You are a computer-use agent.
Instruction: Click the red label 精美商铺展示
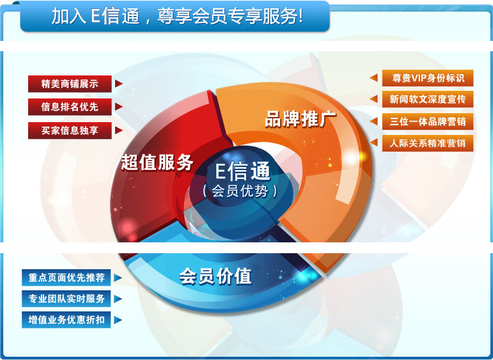pos(70,84)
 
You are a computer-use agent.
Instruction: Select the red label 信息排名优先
pos(70,107)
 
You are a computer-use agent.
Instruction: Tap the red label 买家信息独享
pos(70,130)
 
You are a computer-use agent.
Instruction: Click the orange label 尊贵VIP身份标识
pos(428,78)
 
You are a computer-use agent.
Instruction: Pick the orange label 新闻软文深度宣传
pos(428,100)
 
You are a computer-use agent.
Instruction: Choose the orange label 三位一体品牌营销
pos(428,121)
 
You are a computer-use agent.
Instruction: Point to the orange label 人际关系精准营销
pos(428,143)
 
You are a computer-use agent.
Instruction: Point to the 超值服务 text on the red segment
pos(157,162)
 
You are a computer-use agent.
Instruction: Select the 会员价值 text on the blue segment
pos(215,276)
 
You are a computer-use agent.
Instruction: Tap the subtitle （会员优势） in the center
pos(240,191)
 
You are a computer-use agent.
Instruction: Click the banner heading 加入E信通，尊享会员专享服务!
pos(177,17)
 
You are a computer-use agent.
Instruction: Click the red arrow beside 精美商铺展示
pos(118,84)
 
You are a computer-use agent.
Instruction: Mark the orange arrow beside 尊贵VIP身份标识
pos(374,78)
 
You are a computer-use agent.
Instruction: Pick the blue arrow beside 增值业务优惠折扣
pos(118,319)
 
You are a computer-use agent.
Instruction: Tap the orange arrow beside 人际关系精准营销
pos(374,143)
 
